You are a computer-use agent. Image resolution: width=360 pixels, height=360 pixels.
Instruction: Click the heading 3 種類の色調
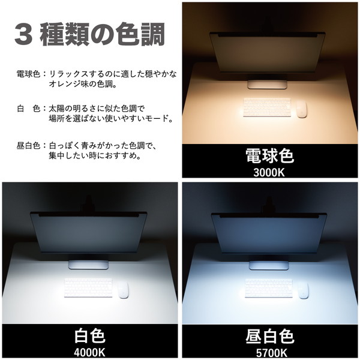pyautogui.click(x=89, y=34)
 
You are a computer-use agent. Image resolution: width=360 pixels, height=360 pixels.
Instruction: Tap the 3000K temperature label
pyautogui.click(x=269, y=173)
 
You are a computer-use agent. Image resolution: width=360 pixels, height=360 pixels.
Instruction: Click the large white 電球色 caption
pyautogui.click(x=269, y=156)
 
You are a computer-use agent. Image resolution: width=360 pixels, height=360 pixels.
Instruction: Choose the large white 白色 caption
pyautogui.click(x=90, y=337)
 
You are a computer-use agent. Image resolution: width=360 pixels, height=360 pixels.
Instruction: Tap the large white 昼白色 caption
pyautogui.click(x=270, y=337)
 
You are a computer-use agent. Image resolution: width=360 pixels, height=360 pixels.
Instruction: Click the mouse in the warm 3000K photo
pyautogui.click(x=301, y=109)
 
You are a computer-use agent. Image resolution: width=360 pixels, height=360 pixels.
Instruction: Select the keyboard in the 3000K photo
pyautogui.click(x=267, y=107)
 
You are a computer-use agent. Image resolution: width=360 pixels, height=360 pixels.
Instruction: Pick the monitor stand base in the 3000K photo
pyautogui.click(x=267, y=85)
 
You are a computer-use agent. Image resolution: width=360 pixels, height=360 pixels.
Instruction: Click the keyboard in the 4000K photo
pyautogui.click(x=88, y=288)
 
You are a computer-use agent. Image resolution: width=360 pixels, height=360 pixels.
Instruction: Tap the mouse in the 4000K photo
pyautogui.click(x=123, y=290)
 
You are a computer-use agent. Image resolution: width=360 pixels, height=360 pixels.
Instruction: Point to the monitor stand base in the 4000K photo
pyautogui.click(x=88, y=265)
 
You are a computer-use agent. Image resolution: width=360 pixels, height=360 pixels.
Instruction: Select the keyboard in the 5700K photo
pyautogui.click(x=269, y=288)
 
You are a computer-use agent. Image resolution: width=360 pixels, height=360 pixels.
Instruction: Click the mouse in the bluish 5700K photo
pyautogui.click(x=303, y=290)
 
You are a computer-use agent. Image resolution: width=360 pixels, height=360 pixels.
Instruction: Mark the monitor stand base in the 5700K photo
pyautogui.click(x=269, y=265)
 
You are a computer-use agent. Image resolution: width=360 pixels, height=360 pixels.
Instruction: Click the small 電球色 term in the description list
pyautogui.click(x=28, y=74)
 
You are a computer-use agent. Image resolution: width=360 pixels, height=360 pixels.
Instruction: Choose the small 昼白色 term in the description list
pyautogui.click(x=28, y=146)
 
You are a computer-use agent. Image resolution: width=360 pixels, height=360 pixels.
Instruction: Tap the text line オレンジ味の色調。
pyautogui.click(x=83, y=84)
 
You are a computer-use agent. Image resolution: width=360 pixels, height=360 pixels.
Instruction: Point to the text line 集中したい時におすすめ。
pyautogui.click(x=95, y=156)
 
